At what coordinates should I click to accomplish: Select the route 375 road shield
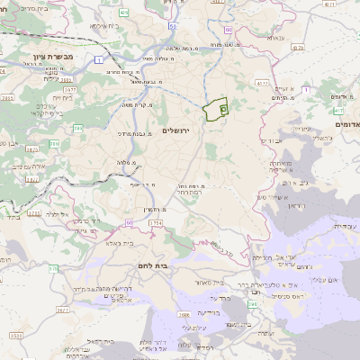53,268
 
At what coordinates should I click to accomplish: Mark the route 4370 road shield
264,82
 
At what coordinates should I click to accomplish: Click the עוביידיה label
343,226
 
